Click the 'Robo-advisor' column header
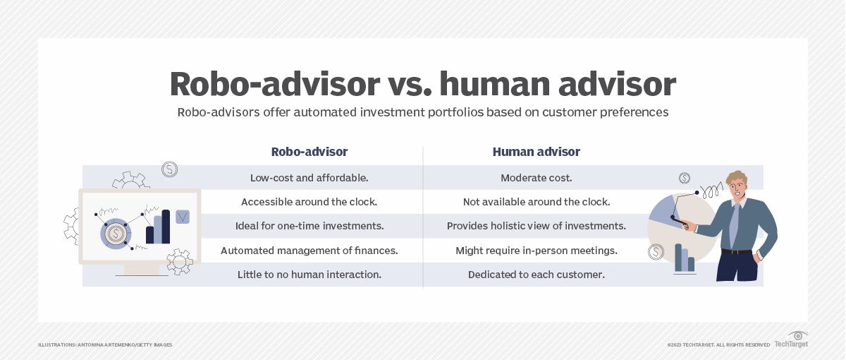(309, 152)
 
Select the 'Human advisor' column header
(536, 152)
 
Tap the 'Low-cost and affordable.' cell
(309, 178)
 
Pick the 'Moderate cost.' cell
(536, 178)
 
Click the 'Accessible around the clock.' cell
(309, 202)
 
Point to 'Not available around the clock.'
(536, 202)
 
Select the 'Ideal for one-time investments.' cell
(309, 226)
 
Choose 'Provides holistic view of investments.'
(536, 226)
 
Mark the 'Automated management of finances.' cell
(309, 251)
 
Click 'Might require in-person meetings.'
(536, 251)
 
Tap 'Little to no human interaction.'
(309, 275)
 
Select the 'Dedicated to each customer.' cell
(536, 275)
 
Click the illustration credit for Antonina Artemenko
(105, 344)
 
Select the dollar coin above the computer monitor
(169, 169)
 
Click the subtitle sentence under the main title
(422, 112)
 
